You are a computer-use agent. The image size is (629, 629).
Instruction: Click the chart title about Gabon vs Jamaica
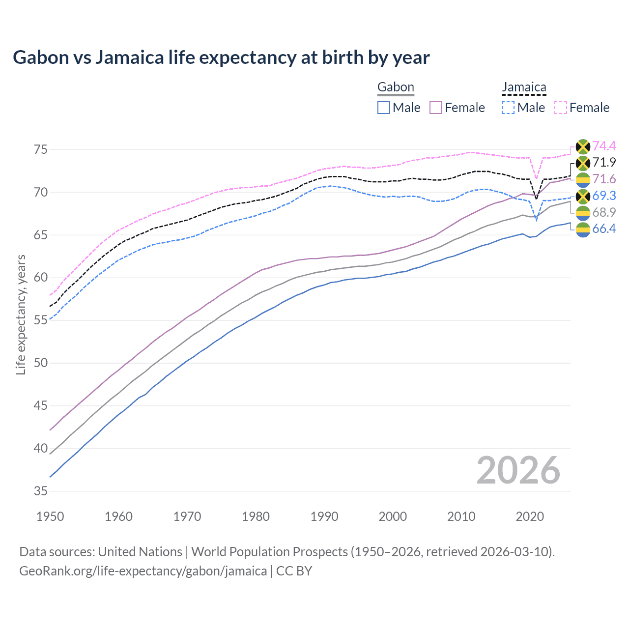[x=221, y=57]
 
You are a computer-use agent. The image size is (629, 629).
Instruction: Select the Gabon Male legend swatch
[x=384, y=108]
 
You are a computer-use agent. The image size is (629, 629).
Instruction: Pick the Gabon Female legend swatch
[x=436, y=108]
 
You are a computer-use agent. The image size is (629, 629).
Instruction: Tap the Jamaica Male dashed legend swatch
[x=508, y=108]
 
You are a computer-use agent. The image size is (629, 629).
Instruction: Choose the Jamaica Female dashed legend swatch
[x=561, y=108]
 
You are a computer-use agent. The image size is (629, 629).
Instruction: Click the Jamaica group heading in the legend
[x=524, y=87]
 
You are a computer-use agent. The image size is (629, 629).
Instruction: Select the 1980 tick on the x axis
[x=256, y=516]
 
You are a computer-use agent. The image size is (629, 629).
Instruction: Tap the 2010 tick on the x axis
[x=461, y=516]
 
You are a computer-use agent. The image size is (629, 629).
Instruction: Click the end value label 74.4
[x=604, y=146]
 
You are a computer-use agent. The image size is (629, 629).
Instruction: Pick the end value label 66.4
[x=604, y=229]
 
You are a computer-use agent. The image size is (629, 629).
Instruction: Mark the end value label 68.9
[x=604, y=212]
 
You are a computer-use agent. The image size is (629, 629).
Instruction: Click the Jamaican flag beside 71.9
[x=583, y=163]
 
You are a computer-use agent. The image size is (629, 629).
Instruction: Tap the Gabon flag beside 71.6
[x=583, y=179]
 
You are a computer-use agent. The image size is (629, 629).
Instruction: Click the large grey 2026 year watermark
[x=518, y=470]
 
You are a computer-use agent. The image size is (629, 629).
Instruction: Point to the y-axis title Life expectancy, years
[x=21, y=314]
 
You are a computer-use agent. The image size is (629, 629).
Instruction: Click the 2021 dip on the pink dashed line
[x=537, y=178]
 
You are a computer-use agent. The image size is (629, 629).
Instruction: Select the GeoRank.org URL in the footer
[x=143, y=571]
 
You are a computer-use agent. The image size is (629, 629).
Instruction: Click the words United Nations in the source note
[x=140, y=552]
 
